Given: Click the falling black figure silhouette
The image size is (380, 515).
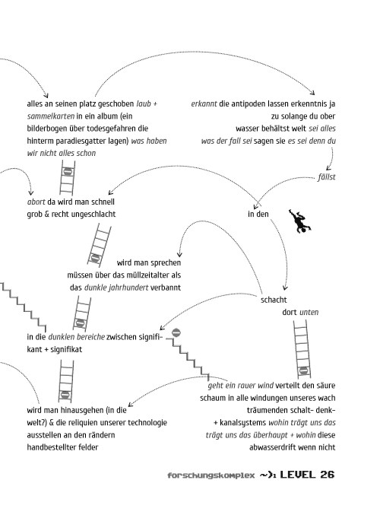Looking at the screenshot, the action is coord(300,221).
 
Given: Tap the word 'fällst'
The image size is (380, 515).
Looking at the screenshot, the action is coord(327,177).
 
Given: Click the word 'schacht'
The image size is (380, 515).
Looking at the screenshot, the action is coord(274,300).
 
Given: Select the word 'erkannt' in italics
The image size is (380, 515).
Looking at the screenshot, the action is coord(204,103).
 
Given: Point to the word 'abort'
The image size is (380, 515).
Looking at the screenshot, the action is coord(36,202).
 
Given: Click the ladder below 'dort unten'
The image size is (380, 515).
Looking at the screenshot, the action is coord(302,348).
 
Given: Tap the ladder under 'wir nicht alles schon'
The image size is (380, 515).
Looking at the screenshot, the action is coord(68,178).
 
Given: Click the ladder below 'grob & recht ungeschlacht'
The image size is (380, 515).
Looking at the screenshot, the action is coord(99,245).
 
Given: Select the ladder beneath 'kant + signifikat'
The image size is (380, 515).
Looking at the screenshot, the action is coord(66,381).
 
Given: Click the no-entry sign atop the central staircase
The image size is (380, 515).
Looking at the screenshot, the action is coord(176,332).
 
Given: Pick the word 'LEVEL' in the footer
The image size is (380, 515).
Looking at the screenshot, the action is coord(298,475).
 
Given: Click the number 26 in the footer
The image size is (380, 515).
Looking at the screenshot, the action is coord(327,475).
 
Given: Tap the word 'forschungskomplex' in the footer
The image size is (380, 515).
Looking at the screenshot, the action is coord(211,475).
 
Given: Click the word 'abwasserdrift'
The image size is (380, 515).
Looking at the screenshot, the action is coord(273,447).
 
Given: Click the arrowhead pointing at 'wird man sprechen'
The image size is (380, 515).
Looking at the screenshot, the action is coord(179,254).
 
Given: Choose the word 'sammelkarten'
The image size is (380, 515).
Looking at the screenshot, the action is coord(51,116).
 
